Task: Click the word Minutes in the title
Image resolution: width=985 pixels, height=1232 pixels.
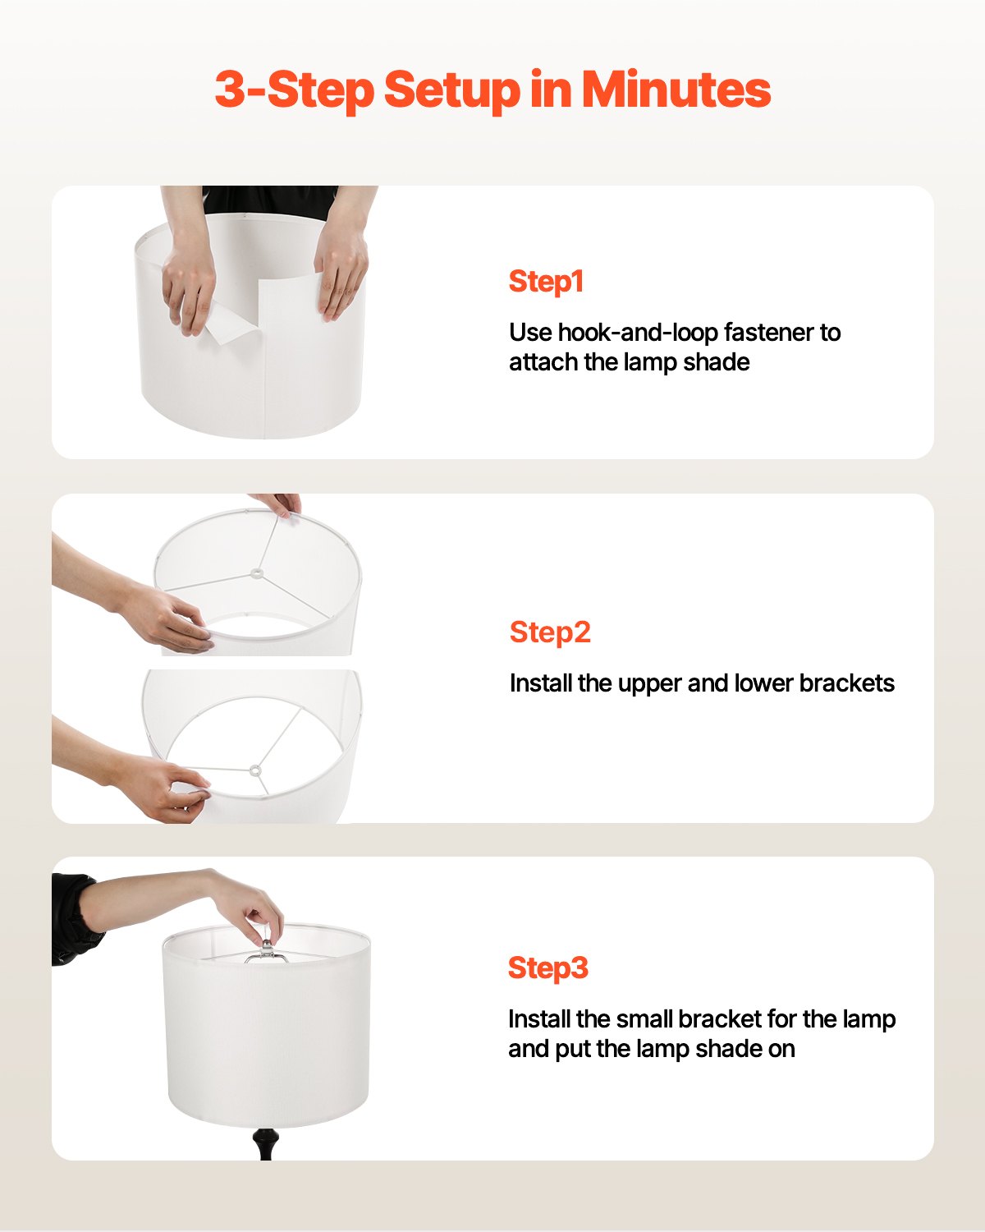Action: (676, 89)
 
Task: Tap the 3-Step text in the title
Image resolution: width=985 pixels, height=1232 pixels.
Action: (293, 89)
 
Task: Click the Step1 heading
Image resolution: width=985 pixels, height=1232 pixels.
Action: (546, 282)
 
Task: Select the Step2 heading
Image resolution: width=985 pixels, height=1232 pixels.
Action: (550, 632)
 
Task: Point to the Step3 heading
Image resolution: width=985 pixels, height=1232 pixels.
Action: (548, 968)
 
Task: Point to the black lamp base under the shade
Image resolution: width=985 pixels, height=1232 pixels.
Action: (264, 1142)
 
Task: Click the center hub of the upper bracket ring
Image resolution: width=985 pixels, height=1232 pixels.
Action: (256, 573)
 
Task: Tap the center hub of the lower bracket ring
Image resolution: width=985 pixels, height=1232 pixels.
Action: (254, 770)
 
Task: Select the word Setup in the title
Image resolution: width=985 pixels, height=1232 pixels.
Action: (451, 89)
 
